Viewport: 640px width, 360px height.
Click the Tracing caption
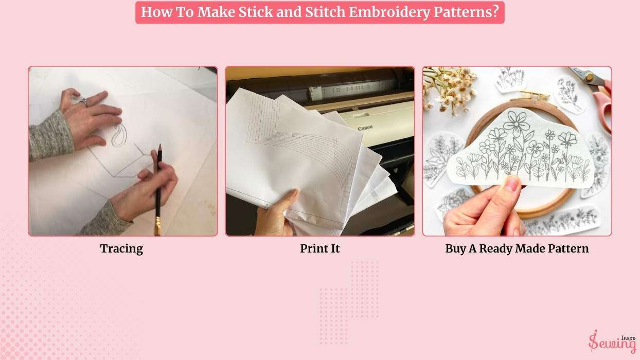point(121,249)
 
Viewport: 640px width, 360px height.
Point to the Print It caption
point(319,248)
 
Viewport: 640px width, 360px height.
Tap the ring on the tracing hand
point(84,102)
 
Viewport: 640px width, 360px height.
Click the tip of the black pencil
point(159,145)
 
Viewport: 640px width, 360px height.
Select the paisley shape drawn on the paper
point(118,135)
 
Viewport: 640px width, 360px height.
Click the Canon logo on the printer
point(365,128)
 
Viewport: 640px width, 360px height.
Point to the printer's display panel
point(343,89)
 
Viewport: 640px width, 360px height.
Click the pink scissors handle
point(603,106)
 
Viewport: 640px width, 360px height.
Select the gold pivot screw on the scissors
point(588,77)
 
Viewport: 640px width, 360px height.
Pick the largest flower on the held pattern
point(517,120)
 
